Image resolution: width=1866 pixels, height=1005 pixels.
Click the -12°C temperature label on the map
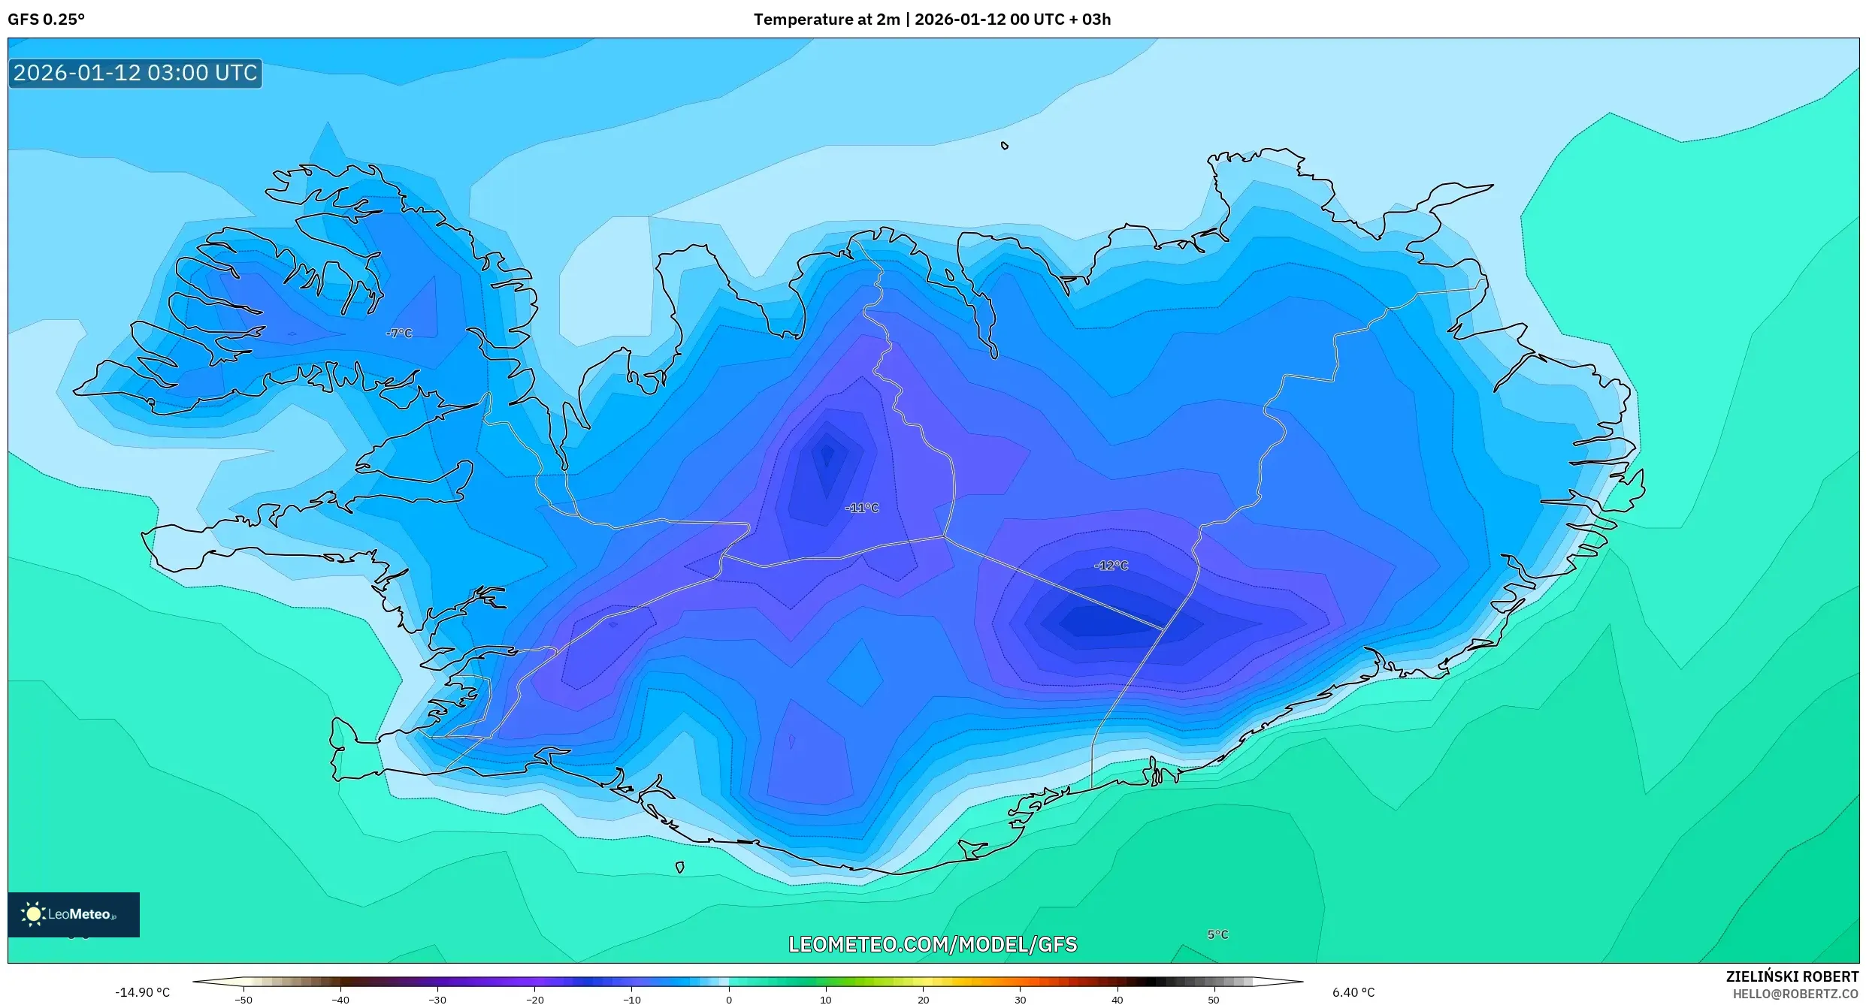[x=1111, y=566]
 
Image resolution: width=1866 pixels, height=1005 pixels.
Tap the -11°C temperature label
[x=861, y=508]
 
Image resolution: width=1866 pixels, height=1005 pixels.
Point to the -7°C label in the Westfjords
[x=399, y=333]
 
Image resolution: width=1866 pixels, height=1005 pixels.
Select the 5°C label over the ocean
[x=1217, y=934]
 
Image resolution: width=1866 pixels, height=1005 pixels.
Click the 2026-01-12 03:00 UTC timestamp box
[x=135, y=73]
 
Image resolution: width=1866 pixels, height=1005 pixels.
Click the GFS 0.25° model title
[x=46, y=20]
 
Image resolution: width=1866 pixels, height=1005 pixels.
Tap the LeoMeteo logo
[x=73, y=914]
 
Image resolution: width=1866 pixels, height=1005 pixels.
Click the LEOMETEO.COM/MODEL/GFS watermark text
[x=932, y=944]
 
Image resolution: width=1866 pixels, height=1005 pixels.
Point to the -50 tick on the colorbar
[x=243, y=999]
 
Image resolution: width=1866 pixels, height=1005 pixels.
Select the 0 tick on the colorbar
[x=728, y=999]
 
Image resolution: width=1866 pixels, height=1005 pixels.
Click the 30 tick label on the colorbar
[x=1020, y=999]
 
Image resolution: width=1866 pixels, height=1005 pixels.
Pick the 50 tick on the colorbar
[x=1214, y=999]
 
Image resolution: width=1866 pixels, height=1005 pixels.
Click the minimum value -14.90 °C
[x=142, y=992]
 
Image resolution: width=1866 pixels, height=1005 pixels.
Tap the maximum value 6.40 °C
[x=1353, y=992]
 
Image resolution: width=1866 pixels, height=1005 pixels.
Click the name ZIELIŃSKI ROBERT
[x=1792, y=976]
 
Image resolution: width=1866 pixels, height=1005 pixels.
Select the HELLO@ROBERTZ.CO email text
[x=1795, y=994]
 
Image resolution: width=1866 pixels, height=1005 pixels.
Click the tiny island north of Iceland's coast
[x=1004, y=146]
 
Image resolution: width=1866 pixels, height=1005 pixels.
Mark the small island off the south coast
[x=679, y=868]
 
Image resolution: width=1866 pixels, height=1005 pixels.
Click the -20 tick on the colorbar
[x=534, y=999]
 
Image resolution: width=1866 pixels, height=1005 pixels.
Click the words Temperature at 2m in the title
[x=826, y=20]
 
